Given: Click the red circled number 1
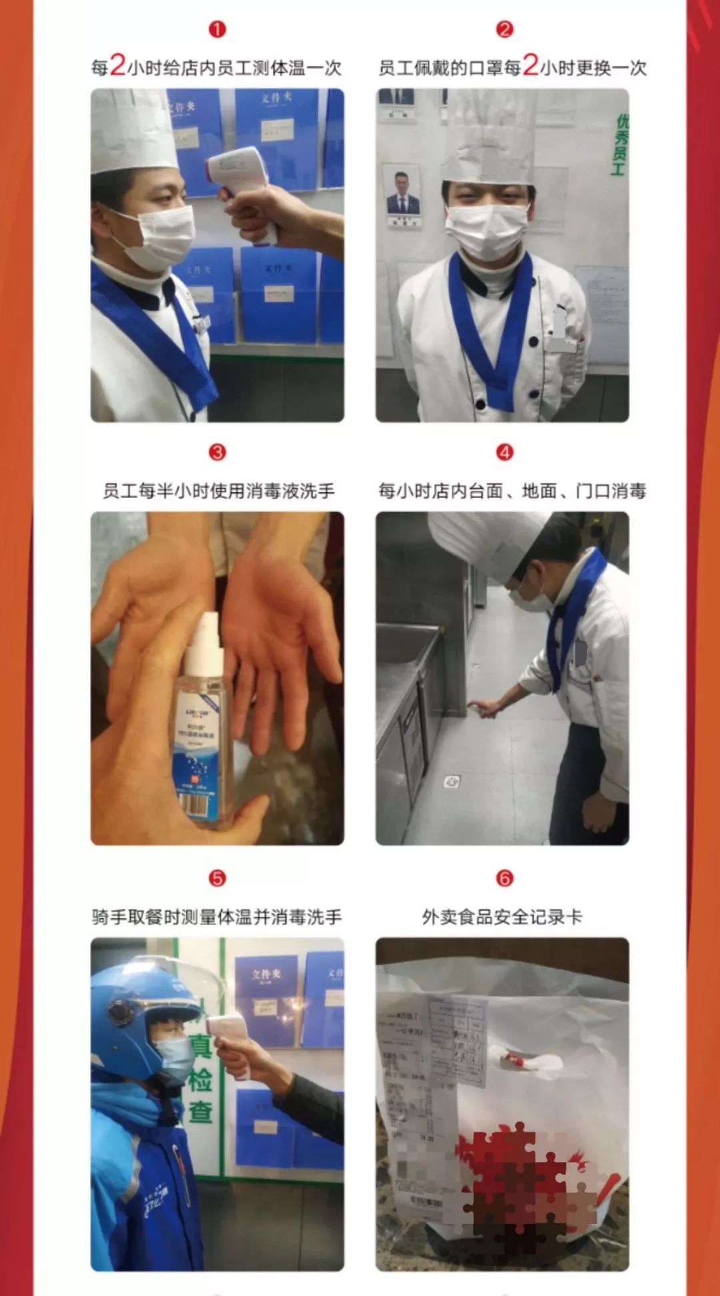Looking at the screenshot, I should pos(217,29).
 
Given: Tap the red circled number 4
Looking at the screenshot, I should pos(505,452).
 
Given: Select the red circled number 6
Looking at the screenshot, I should pos(505,878).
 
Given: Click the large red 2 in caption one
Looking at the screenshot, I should pos(117,65).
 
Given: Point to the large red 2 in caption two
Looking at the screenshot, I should pos(531,65).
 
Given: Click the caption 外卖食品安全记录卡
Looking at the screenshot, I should pos(502,917).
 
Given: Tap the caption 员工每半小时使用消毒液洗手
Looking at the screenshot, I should pos(218,491).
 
